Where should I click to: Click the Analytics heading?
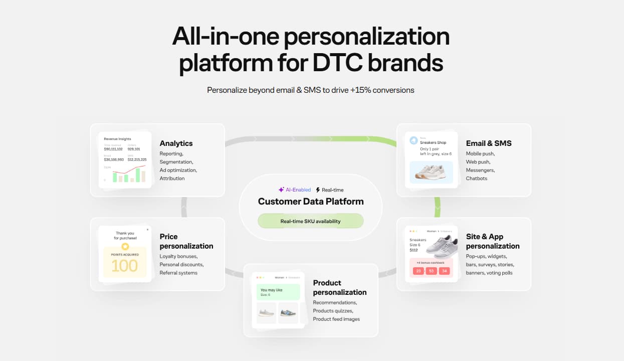pos(176,143)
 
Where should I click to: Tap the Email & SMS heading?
pos(489,143)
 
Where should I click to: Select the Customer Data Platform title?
pos(311,202)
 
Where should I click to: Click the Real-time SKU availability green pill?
pos(310,221)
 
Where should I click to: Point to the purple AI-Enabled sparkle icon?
pos(281,190)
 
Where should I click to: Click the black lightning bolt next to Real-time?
pos(317,190)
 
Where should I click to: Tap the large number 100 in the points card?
pos(124,266)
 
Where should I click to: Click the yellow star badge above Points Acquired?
pos(125,247)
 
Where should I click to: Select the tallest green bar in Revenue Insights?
pos(138,175)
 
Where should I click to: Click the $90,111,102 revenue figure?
pos(113,149)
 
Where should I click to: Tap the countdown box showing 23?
pos(419,271)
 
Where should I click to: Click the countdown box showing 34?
pos(444,271)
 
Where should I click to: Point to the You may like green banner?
pos(278,292)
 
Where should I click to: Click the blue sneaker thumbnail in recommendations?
pos(288,313)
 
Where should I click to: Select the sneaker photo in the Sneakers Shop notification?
pos(431,172)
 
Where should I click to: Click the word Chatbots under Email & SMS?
pos(476,178)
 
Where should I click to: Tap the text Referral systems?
pos(178,273)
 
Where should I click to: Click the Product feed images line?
pos(336,319)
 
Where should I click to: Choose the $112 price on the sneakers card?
pos(413,250)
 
